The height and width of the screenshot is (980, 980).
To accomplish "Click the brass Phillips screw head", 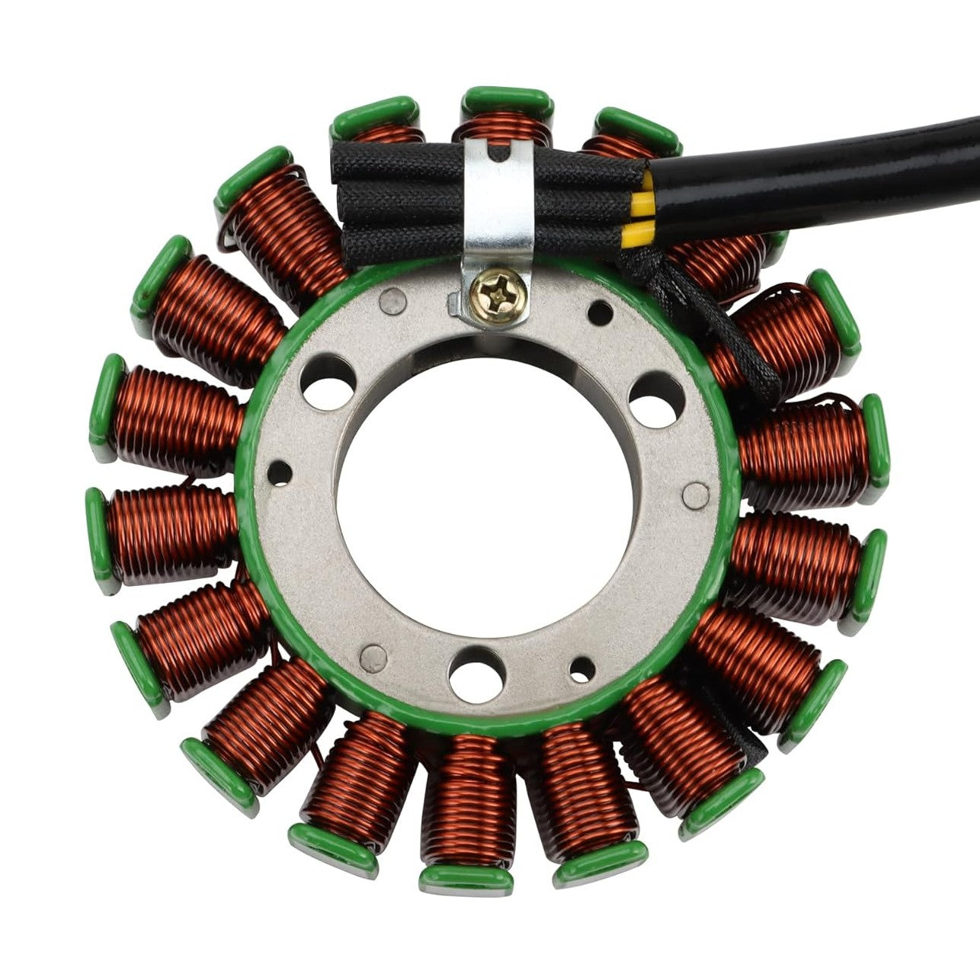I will tap(498, 290).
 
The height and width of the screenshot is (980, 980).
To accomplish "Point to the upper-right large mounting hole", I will tap(655, 398).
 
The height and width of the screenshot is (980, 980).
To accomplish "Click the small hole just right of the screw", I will tap(600, 312).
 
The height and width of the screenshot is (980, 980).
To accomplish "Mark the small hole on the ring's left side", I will tap(280, 473).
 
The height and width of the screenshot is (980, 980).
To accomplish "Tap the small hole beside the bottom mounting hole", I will tap(582, 668).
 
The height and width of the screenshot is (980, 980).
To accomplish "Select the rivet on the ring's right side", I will tap(695, 495).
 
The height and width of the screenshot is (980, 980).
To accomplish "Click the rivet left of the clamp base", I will tap(392, 302).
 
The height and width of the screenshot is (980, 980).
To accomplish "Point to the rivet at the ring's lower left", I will tap(373, 654).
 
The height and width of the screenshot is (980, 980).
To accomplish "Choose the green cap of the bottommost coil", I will tap(466, 878).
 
